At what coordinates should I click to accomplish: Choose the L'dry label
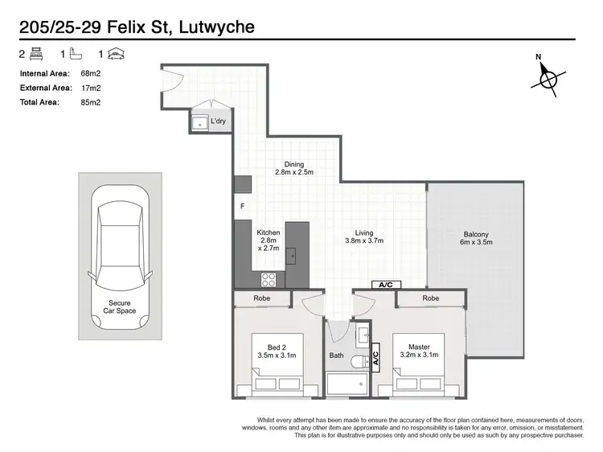click(x=218, y=121)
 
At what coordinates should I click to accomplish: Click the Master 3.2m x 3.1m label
click(x=418, y=351)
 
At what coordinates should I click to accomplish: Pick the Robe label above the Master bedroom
click(x=431, y=298)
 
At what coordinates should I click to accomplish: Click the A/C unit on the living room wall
click(x=386, y=285)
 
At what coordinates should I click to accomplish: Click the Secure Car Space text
click(x=123, y=307)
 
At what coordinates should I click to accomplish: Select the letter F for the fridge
click(x=242, y=206)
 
